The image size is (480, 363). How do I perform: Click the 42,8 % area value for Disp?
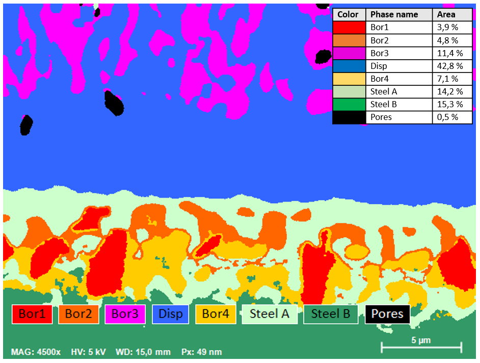(449, 66)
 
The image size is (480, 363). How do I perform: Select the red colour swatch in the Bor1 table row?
(349, 28)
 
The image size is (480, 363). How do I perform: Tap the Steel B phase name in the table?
(383, 104)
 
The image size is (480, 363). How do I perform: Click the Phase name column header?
(394, 15)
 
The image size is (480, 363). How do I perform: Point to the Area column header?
(446, 15)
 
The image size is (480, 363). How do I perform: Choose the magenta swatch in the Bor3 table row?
(349, 53)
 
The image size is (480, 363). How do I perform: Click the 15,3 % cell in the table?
(449, 104)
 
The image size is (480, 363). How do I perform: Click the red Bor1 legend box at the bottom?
(32, 314)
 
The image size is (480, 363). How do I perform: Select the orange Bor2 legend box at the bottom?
(78, 314)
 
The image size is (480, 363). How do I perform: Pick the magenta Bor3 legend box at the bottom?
(125, 314)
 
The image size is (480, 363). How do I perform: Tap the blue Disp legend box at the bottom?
(170, 314)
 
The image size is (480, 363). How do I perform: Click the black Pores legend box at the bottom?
(387, 314)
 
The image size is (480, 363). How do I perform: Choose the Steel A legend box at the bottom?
(269, 314)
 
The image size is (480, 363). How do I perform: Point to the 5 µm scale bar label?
(421, 340)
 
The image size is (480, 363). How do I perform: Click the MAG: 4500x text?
(36, 352)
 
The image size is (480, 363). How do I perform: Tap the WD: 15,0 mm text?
(143, 352)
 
